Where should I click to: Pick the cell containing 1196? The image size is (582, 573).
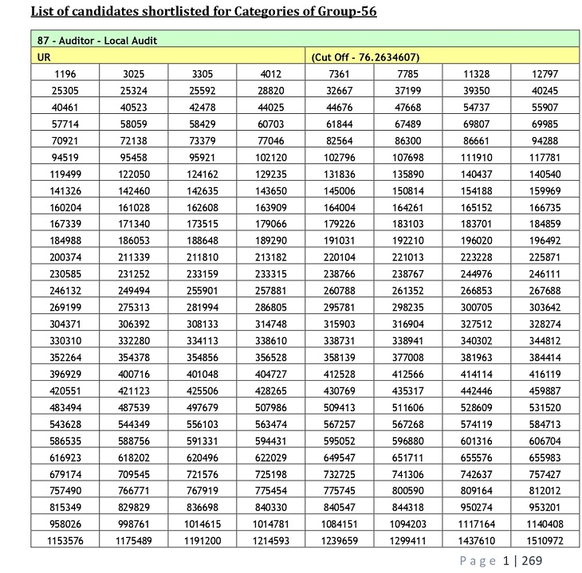pyautogui.click(x=65, y=74)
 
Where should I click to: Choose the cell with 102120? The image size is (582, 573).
pyautogui.click(x=271, y=158)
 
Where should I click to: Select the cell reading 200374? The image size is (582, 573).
pyautogui.click(x=65, y=257)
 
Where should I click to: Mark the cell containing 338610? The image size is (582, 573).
pyautogui.click(x=271, y=341)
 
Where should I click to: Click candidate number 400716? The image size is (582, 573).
pyautogui.click(x=134, y=375)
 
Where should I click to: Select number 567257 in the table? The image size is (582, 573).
pyautogui.click(x=339, y=425)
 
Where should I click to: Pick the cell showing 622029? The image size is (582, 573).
pyautogui.click(x=271, y=457)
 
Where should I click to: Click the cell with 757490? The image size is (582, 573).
pyautogui.click(x=65, y=491)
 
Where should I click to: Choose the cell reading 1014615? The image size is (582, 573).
pyautogui.click(x=203, y=524)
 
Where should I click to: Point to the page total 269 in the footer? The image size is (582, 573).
pyautogui.click(x=532, y=561)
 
